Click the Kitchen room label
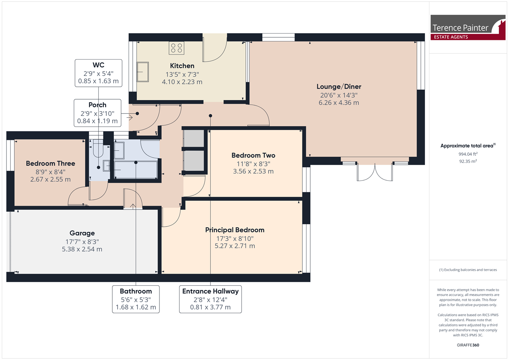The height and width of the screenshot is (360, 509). click(182, 66)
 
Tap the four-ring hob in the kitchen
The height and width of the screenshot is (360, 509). click(176, 48)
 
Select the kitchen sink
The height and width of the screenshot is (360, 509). click(143, 72)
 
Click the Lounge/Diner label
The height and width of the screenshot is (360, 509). click(339, 87)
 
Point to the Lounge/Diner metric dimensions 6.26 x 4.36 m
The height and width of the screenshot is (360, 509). click(339, 103)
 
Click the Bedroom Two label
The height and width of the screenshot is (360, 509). click(253, 155)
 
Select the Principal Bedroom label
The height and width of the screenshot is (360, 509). click(235, 230)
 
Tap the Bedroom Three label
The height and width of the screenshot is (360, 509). click(51, 164)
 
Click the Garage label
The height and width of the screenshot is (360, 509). click(82, 233)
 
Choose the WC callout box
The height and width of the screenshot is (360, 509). click(98, 73)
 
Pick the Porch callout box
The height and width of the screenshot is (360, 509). click(98, 113)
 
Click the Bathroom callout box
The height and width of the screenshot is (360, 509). click(136, 299)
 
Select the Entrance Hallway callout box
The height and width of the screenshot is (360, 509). click(210, 299)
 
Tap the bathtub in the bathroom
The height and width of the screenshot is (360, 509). click(136, 170)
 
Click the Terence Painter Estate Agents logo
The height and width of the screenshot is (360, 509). click(468, 28)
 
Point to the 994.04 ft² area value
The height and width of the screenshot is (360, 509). click(468, 154)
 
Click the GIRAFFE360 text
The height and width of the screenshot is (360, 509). click(468, 345)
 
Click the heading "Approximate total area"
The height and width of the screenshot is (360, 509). click(467, 146)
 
